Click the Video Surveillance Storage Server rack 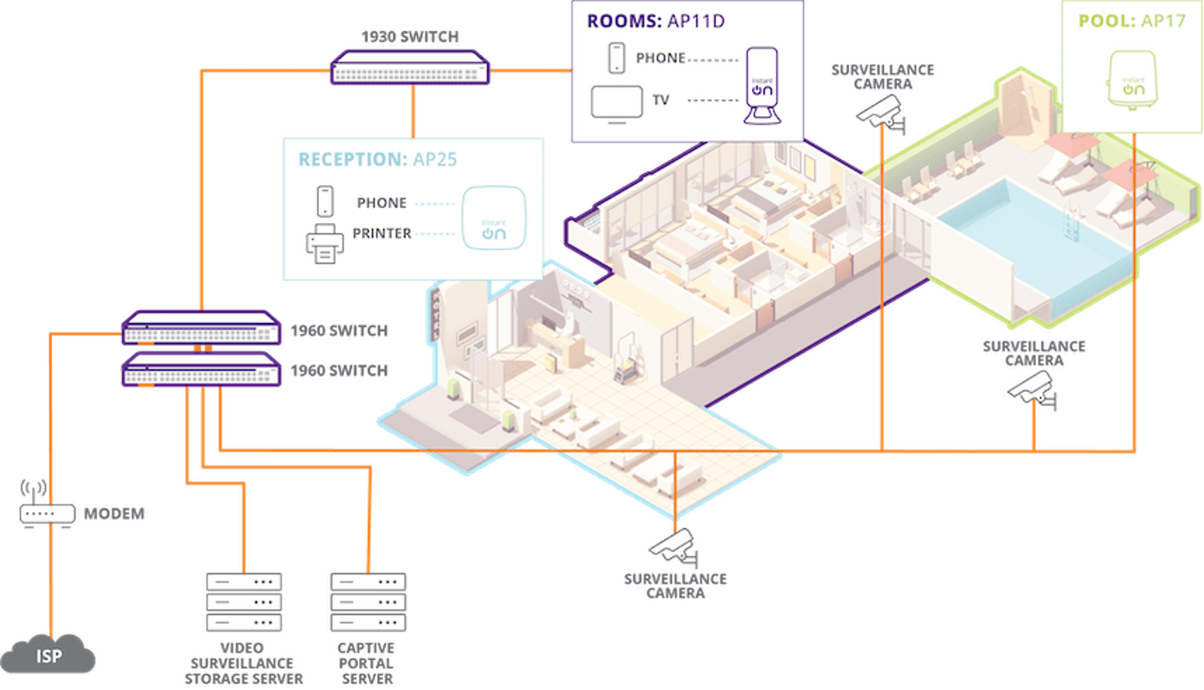point(243,602)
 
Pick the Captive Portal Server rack point(368,602)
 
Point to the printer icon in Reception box point(324,243)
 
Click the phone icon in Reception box point(325,201)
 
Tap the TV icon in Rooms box point(617,103)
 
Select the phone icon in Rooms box point(617,58)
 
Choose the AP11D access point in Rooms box point(762,85)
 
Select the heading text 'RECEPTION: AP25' point(377,160)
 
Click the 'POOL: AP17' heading point(1131,21)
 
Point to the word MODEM point(114,513)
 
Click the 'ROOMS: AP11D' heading point(656,21)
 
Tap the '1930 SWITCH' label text point(410,36)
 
